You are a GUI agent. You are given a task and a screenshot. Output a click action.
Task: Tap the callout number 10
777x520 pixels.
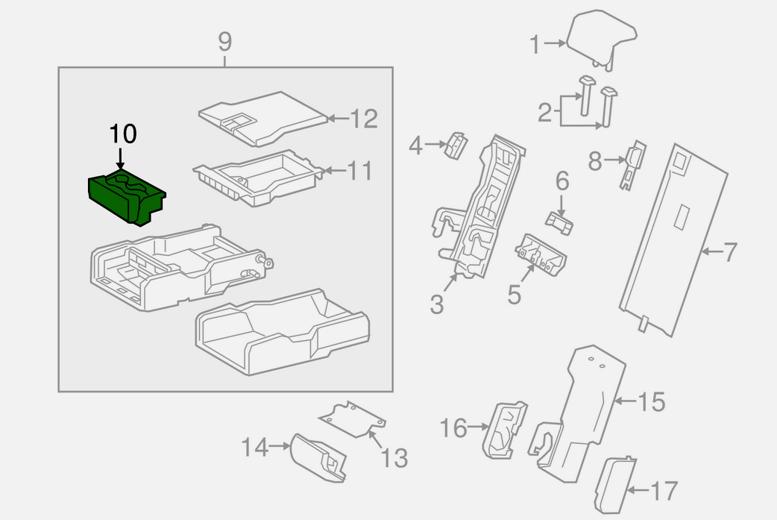click(123, 134)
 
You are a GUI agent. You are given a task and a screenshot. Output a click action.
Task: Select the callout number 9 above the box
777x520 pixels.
click(225, 43)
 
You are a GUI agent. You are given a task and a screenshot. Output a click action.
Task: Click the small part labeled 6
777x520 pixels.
click(559, 222)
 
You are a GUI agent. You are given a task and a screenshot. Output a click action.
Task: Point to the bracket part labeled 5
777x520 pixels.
click(541, 254)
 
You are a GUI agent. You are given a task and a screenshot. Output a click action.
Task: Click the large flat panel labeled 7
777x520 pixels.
click(671, 239)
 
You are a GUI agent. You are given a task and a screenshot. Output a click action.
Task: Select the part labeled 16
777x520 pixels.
click(506, 429)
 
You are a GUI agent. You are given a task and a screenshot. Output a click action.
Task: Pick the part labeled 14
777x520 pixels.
click(319, 455)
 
